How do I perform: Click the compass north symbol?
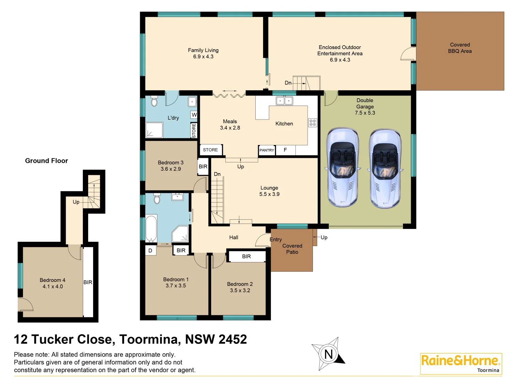(x=328, y=354)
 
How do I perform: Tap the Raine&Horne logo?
(x=461, y=363)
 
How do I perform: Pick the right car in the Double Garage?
(x=385, y=169)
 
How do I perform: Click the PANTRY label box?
(x=267, y=150)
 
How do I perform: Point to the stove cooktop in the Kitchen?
(x=313, y=123)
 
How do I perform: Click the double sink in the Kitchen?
(x=284, y=101)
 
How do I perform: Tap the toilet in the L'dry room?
(x=154, y=101)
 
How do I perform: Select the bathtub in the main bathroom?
(x=151, y=228)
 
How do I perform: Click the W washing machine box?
(x=194, y=115)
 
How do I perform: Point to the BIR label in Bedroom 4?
(x=88, y=282)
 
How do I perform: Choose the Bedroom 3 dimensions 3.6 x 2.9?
(x=171, y=169)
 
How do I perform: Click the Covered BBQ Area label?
(x=460, y=48)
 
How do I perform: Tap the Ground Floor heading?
(x=46, y=161)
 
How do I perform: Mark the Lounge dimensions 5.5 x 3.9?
(x=269, y=194)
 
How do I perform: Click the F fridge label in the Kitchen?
(x=285, y=150)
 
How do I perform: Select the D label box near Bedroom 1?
(x=150, y=251)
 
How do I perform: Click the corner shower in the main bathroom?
(x=181, y=234)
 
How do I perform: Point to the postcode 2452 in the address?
(x=233, y=340)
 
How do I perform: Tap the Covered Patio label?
(x=292, y=249)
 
